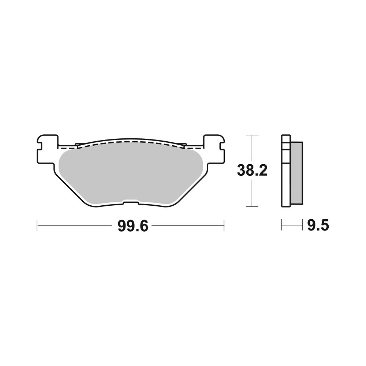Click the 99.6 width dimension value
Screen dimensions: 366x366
[x=132, y=226]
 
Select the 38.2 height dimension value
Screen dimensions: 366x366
[x=252, y=171]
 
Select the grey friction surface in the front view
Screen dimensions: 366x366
[x=131, y=172]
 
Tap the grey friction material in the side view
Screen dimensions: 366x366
[x=296, y=172]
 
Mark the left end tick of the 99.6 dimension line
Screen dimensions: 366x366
[x=37, y=225]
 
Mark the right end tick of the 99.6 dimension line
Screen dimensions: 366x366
[x=224, y=225]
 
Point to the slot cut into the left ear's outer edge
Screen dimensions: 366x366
[x=40, y=145]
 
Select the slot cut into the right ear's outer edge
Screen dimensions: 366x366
[x=221, y=145]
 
